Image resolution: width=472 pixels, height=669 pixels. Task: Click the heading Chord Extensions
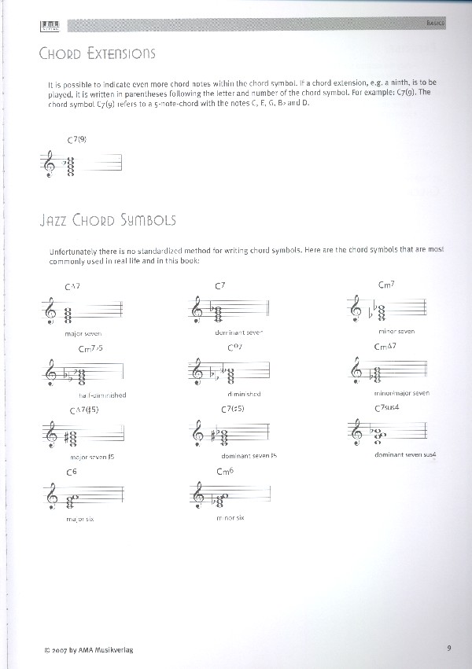97,53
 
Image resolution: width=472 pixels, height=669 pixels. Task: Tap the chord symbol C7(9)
76,139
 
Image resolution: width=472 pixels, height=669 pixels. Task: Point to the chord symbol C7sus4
389,406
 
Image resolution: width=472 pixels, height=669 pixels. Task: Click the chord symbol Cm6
226,470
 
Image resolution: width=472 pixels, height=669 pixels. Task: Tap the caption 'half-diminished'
102,395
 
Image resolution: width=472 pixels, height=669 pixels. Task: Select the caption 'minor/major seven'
401,392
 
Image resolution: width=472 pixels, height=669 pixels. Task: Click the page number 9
447,648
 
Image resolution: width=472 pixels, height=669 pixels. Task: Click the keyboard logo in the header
50,27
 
